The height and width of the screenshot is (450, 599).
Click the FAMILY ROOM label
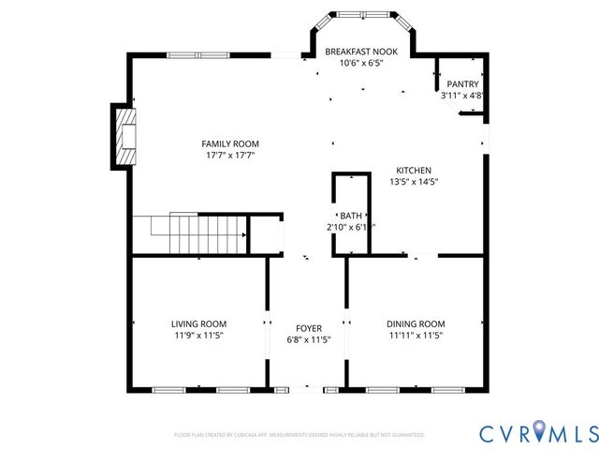228,143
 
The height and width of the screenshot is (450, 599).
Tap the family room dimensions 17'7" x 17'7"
228,156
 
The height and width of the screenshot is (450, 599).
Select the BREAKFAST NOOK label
359,52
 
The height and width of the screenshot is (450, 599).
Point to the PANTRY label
461,83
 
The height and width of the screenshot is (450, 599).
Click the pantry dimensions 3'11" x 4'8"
461,95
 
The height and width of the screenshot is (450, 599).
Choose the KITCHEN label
412,171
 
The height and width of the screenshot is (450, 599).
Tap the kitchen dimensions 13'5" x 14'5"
412,182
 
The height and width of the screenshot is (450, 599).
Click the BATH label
351,215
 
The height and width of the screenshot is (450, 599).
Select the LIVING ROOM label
198,323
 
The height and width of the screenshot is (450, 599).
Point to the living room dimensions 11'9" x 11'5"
198,335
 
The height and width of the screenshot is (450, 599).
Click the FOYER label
309,328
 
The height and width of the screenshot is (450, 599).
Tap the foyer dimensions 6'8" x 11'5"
309,339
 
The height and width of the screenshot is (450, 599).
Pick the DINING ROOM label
416,323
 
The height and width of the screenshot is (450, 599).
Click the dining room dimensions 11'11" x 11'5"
416,335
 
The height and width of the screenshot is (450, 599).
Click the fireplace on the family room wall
124,136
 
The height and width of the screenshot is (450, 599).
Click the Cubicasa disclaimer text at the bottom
299,435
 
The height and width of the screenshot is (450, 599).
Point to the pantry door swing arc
467,112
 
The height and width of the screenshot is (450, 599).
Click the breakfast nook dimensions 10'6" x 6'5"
359,64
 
